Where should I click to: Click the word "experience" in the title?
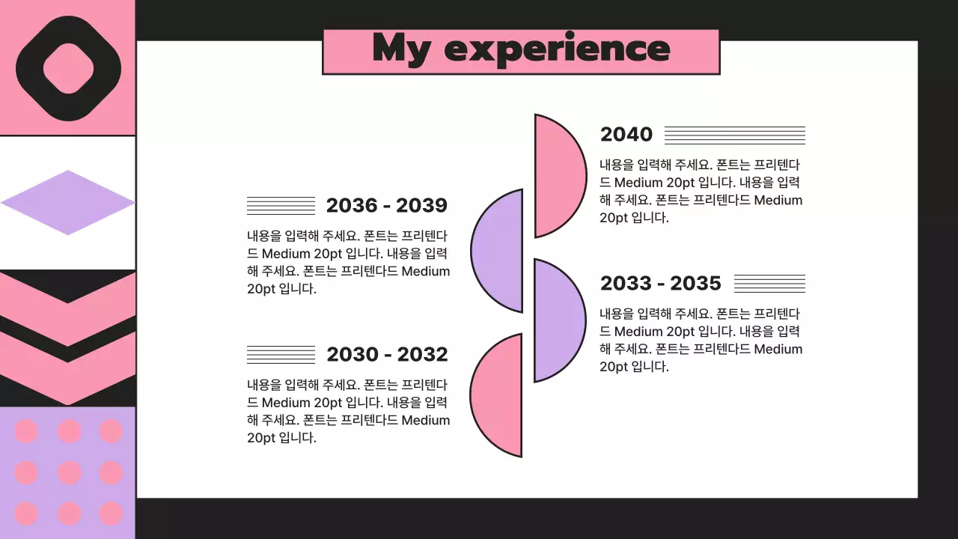pyautogui.click(x=557, y=49)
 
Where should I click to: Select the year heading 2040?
pyautogui.click(x=626, y=135)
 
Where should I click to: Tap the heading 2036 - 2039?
pyautogui.click(x=386, y=205)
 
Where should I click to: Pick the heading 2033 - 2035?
pyautogui.click(x=660, y=283)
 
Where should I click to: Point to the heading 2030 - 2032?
pyautogui.click(x=386, y=354)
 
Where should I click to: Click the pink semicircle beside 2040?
pyautogui.click(x=558, y=176)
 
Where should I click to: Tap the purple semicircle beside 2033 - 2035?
pyautogui.click(x=558, y=320)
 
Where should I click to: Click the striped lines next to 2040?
pyautogui.click(x=734, y=135)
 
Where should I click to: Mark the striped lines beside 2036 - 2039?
pyautogui.click(x=281, y=205)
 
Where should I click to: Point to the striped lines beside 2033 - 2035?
pyautogui.click(x=769, y=284)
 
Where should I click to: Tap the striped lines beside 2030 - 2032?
pyautogui.click(x=281, y=354)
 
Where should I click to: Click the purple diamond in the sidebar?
pyautogui.click(x=67, y=203)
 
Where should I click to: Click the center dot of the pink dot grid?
pyautogui.click(x=69, y=472)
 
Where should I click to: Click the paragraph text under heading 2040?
pyautogui.click(x=701, y=191)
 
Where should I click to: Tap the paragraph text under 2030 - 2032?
pyautogui.click(x=348, y=411)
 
